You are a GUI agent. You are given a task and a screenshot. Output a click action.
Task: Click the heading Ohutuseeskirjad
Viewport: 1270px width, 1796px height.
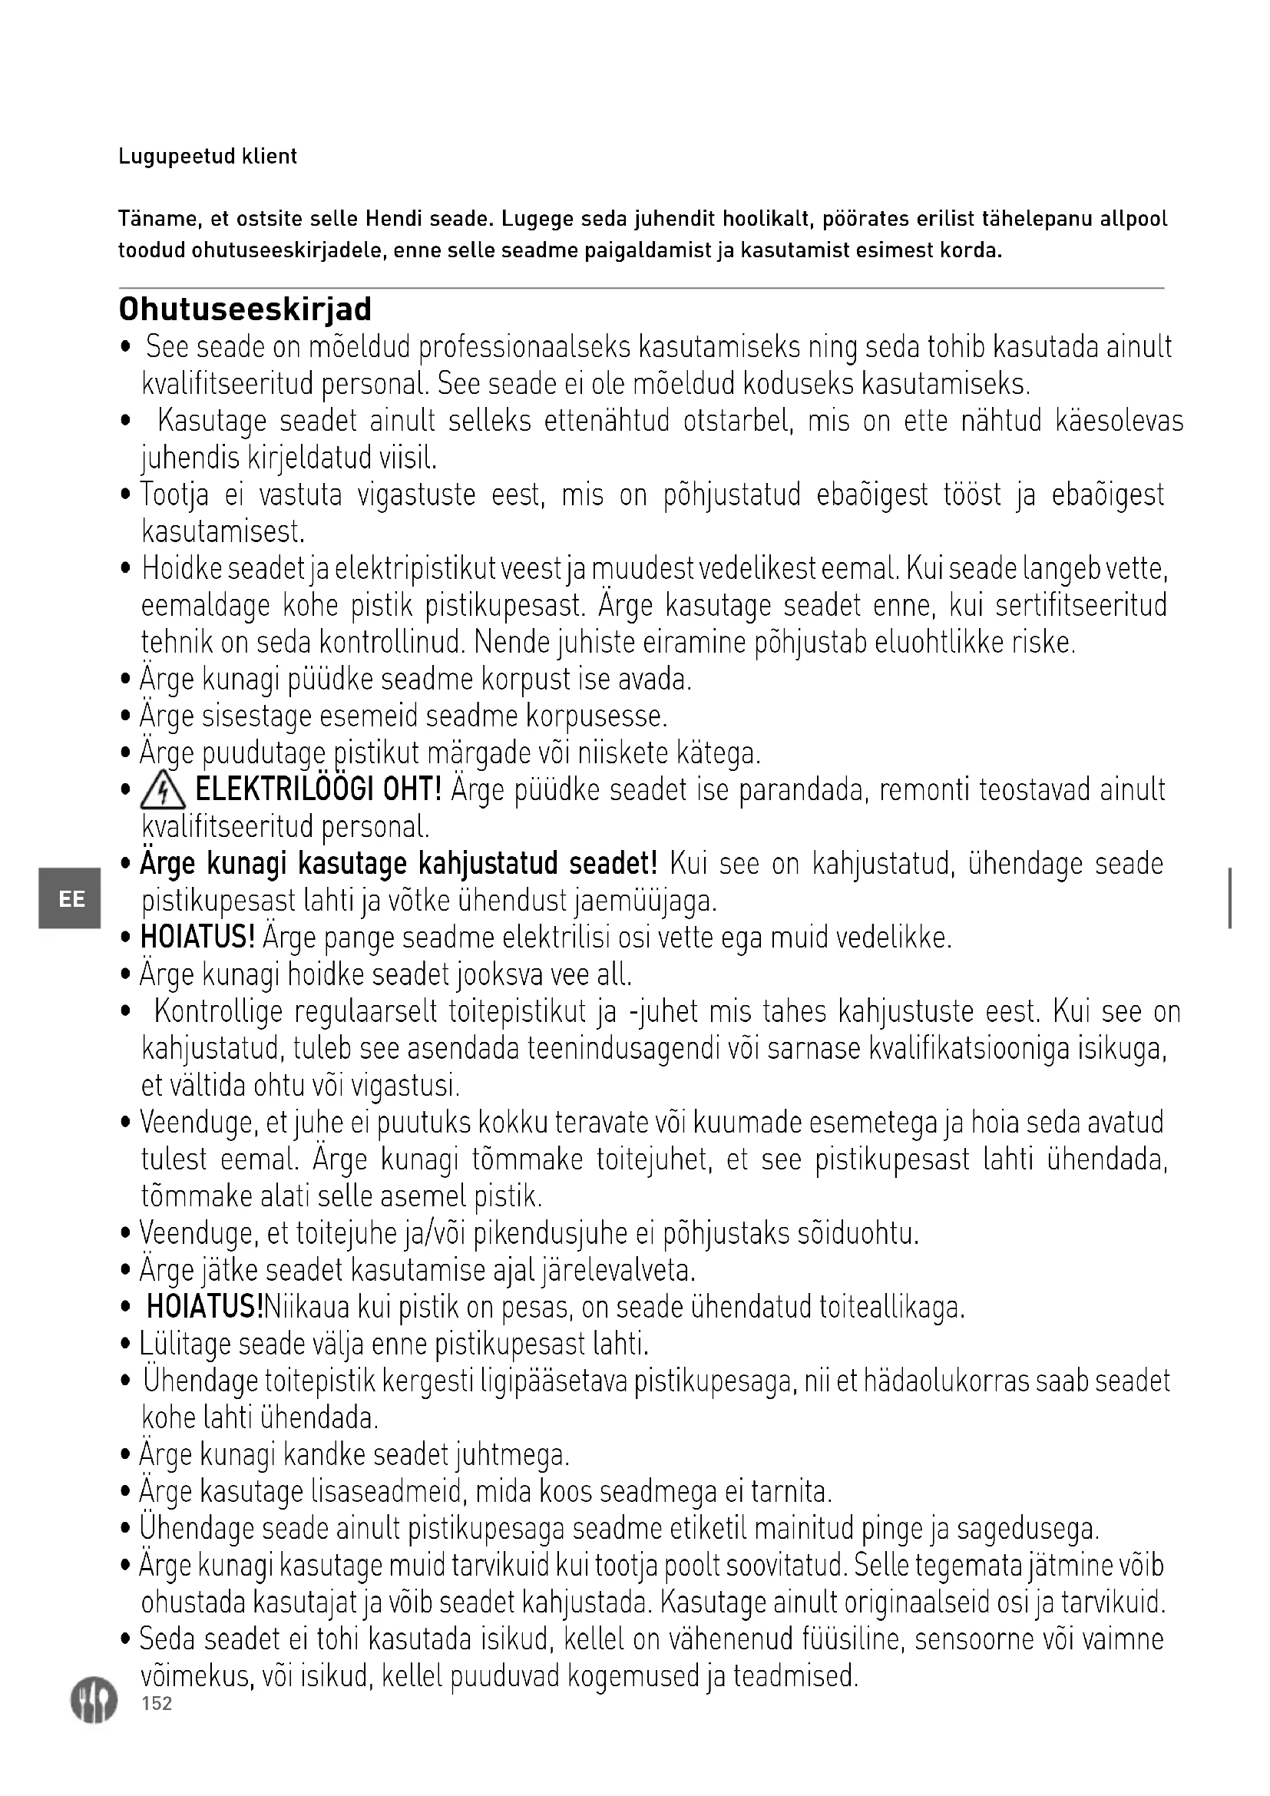(x=245, y=309)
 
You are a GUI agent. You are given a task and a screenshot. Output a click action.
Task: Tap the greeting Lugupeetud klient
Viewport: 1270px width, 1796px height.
(x=207, y=157)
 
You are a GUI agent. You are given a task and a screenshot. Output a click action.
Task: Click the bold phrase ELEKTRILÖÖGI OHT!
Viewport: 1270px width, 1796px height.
(x=319, y=790)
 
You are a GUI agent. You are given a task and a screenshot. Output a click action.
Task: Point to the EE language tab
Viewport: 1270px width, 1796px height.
(x=71, y=899)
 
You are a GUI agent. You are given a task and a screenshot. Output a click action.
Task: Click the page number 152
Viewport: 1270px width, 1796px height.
(x=157, y=1704)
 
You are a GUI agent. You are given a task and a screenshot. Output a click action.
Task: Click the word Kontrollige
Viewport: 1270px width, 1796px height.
(x=218, y=1012)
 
